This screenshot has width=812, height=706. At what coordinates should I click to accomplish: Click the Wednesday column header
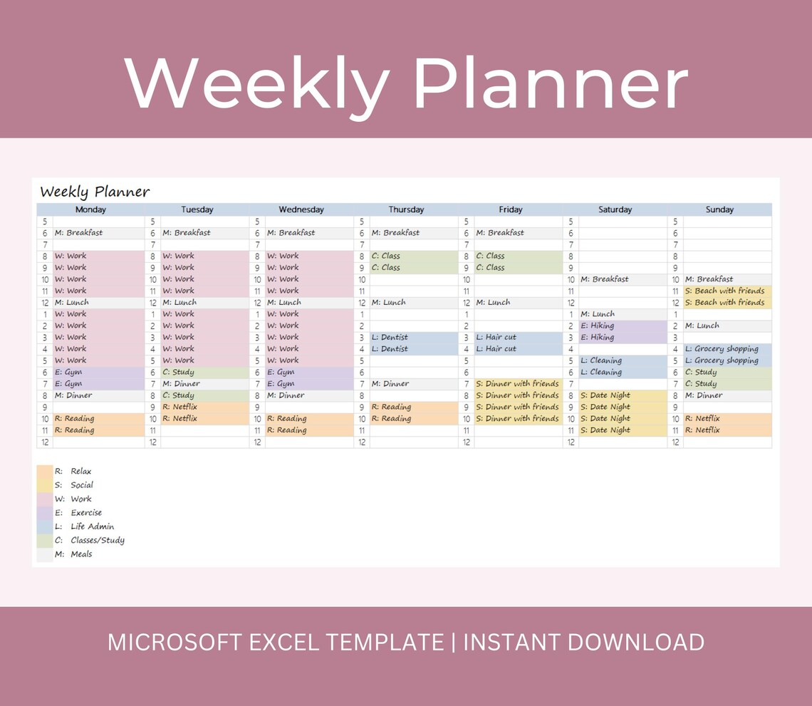pos(301,209)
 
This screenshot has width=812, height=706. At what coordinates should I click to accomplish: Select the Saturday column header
pos(615,209)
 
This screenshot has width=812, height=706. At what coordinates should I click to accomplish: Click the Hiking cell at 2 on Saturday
pos(613,326)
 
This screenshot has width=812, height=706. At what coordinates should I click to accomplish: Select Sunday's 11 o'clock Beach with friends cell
pos(726,291)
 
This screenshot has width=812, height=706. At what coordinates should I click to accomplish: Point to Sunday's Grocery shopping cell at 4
pos(726,349)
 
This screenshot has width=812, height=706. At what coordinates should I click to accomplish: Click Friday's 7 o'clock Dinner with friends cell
pos(518,384)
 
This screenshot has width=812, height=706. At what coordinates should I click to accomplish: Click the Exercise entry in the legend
pos(86,513)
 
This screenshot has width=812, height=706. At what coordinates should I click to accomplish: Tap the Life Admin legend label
pos(92,526)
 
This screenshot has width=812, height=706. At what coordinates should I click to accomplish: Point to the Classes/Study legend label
pos(98,540)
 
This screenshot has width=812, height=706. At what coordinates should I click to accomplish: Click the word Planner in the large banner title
pos(550,83)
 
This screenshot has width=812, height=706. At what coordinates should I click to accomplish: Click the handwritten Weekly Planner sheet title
pos(95,192)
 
